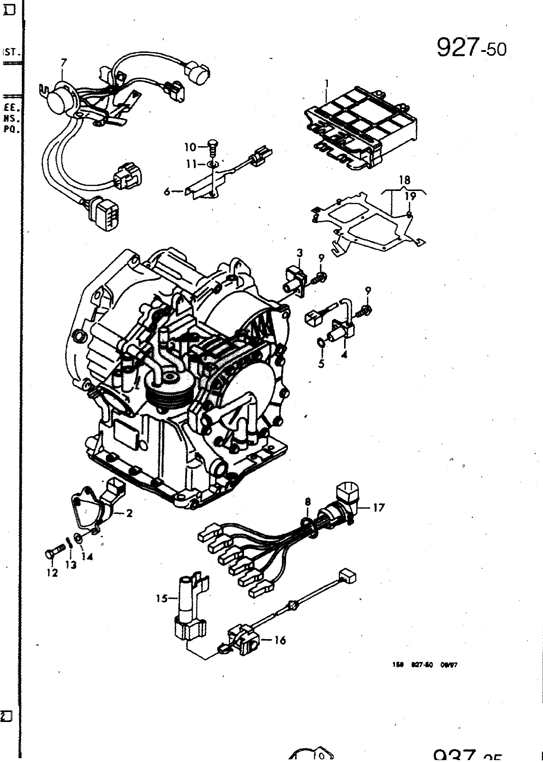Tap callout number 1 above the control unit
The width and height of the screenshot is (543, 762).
point(327,84)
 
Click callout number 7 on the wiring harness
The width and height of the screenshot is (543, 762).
point(64,62)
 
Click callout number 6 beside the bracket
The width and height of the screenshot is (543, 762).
point(167,191)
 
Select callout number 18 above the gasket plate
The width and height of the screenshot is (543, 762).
point(405,180)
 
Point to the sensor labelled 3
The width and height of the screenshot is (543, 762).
point(293,281)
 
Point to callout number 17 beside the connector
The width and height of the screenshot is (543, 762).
point(379,508)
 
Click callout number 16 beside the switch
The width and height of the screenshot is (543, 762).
point(280,641)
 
